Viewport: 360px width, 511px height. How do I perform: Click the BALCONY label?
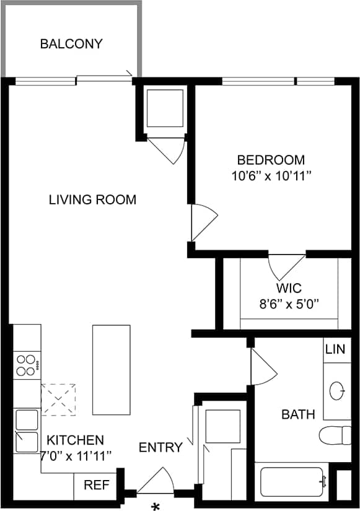(x=71, y=44)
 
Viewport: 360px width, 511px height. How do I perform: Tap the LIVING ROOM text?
(x=93, y=199)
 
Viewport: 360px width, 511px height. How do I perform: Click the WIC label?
(x=289, y=288)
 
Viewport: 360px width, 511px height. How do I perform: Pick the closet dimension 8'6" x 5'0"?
(x=289, y=304)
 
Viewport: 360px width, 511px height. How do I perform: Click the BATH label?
(x=298, y=414)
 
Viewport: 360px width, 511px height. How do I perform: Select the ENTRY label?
(x=160, y=447)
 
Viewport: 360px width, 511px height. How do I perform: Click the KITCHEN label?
(x=76, y=440)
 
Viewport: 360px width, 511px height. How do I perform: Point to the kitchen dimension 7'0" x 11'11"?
(x=76, y=456)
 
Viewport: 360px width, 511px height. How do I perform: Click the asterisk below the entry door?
(x=156, y=505)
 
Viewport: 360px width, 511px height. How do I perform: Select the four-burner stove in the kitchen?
(x=26, y=365)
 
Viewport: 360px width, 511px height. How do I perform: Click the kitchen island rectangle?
(x=112, y=370)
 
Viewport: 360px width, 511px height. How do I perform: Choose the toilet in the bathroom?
(x=335, y=435)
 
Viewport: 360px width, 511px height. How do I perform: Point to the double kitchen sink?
(x=26, y=431)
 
